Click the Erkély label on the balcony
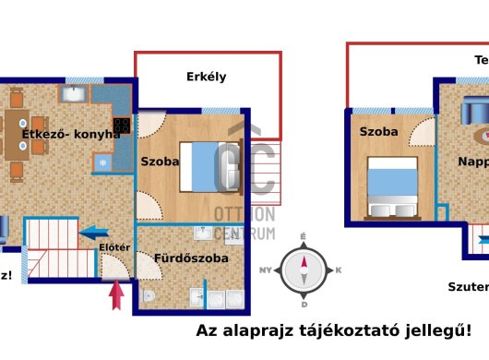tap(206, 77)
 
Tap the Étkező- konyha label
tap(71, 134)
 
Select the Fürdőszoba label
tap(191, 258)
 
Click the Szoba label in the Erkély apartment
tap(160, 161)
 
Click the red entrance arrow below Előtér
tap(116, 295)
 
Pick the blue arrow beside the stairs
tap(95, 234)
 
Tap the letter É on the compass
tap(304, 237)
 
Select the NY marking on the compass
tap(266, 270)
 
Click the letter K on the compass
tap(339, 270)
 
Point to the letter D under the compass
tap(304, 304)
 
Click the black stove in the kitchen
tap(121, 124)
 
